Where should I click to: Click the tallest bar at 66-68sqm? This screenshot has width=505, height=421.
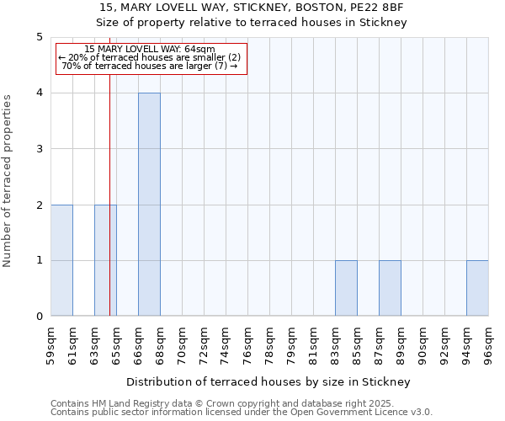(x=149, y=205)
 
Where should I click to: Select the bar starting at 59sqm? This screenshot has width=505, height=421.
(x=61, y=260)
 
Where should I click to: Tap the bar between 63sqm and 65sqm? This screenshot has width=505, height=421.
(x=105, y=260)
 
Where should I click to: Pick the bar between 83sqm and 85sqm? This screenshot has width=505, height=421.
(x=346, y=288)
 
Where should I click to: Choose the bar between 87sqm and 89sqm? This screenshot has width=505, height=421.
(x=390, y=288)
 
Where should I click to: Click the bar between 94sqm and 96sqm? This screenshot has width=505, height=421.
(x=477, y=288)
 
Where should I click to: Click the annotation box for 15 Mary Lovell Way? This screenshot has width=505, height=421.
(x=151, y=58)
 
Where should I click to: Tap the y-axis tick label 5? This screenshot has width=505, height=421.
(x=39, y=37)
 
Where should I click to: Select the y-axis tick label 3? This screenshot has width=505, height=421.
(x=39, y=149)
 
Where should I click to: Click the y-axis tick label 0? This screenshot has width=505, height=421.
(x=39, y=317)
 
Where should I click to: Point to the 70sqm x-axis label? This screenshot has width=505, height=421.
(x=183, y=344)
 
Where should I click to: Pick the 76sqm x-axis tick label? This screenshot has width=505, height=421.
(x=248, y=344)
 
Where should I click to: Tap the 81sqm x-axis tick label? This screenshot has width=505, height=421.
(x=314, y=344)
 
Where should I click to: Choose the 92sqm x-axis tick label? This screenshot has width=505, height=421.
(x=445, y=344)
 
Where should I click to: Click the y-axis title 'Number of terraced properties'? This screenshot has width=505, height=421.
(x=8, y=180)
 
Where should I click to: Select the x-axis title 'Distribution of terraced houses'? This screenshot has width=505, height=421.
(x=269, y=381)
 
